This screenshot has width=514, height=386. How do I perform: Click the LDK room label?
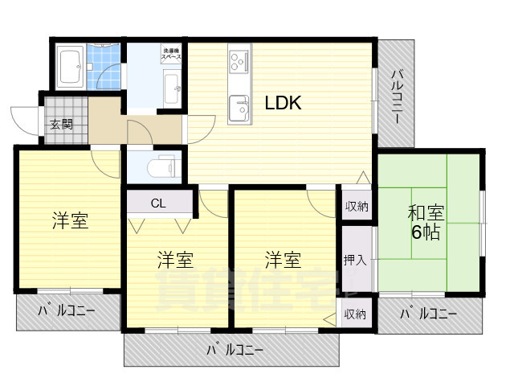point(283,103)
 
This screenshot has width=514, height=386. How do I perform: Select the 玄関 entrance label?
point(61,124)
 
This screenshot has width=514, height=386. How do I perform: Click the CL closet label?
point(158,203)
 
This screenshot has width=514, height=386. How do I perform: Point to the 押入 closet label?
point(354,260)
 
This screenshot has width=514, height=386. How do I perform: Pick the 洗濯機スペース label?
point(170,54)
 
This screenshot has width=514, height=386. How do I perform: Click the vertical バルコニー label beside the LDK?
point(398,96)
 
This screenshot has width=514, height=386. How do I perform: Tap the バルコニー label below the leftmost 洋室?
point(67,310)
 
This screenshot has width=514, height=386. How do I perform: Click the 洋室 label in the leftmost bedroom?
point(70,220)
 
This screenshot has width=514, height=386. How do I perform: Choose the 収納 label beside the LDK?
point(357,207)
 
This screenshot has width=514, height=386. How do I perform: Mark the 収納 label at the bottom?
point(355,314)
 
